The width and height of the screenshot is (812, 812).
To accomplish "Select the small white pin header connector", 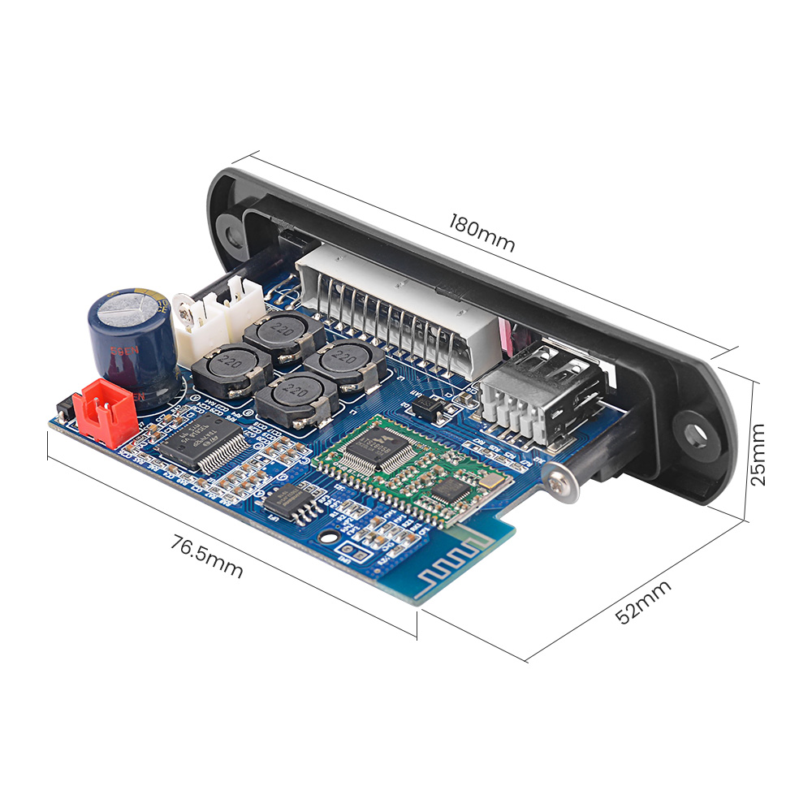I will [x=219, y=319].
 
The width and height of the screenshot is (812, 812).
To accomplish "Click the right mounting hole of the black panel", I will [x=695, y=433].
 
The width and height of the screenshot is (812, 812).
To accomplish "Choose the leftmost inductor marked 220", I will [x=219, y=368].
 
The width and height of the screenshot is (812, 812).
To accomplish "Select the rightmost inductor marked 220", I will [x=347, y=361].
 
